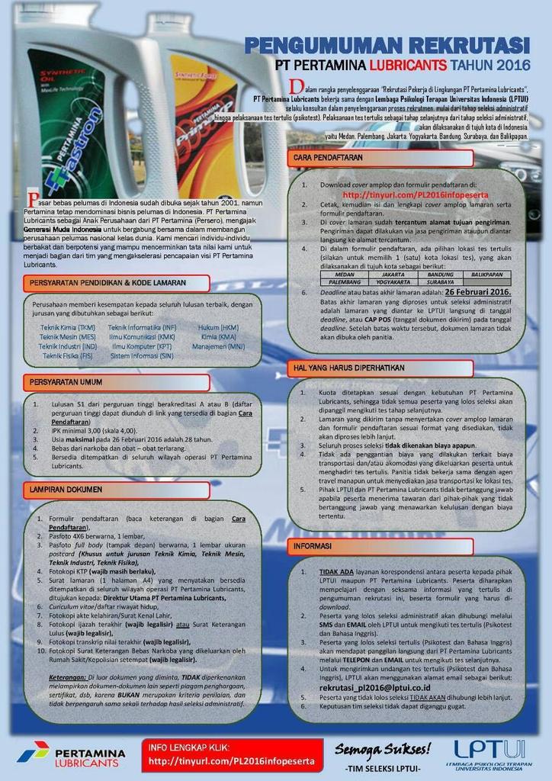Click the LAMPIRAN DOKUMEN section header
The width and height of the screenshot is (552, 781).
point(69,488)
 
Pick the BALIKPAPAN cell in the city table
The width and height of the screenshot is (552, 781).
point(487,274)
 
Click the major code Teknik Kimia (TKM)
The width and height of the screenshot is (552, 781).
point(68,327)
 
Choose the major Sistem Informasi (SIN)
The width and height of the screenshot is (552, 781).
point(142,355)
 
